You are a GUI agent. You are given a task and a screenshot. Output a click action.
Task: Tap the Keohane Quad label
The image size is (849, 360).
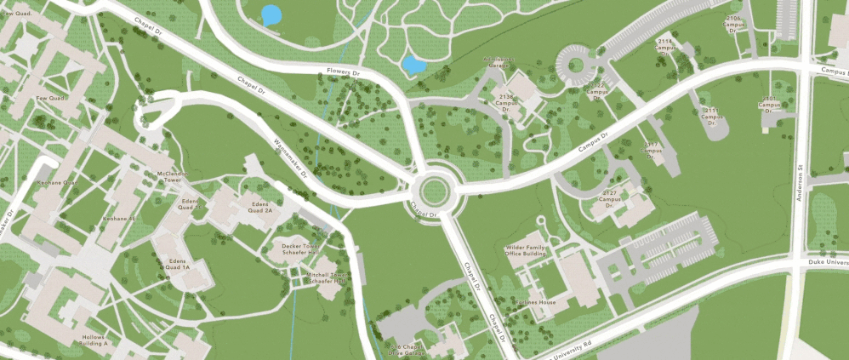(58, 182)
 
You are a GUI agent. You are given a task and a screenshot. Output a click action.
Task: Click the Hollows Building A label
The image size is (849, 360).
(94, 340)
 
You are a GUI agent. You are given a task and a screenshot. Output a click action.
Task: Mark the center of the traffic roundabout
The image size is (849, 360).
(433, 187)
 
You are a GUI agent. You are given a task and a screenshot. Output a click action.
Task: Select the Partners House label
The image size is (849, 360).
(535, 302)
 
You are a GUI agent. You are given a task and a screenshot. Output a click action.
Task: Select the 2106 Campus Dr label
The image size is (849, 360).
(734, 22)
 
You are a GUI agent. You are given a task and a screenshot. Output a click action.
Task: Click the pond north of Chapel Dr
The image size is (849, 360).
(271, 15)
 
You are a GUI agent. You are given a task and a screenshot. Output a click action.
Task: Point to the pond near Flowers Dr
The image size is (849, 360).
(413, 66)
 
